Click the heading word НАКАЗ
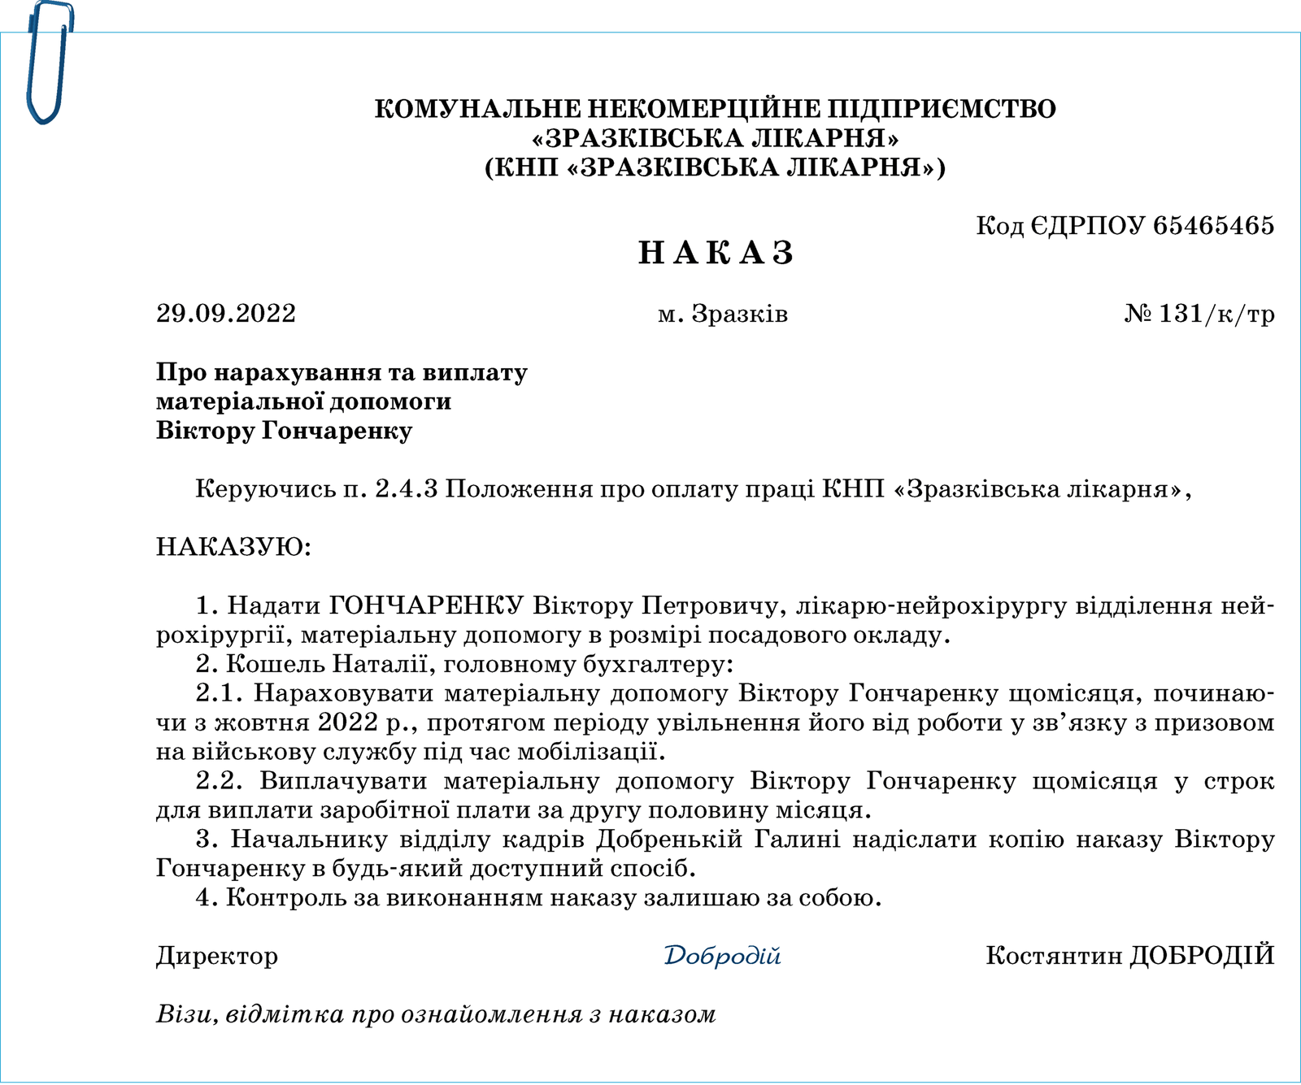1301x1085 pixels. click(716, 254)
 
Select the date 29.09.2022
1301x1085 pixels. click(226, 314)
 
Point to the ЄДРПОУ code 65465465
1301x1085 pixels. click(1213, 225)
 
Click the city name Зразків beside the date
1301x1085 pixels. click(739, 314)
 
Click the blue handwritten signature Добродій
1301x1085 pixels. click(722, 955)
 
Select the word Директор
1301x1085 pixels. click(217, 956)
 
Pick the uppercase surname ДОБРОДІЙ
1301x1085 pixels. click(1203, 955)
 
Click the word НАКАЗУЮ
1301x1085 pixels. click(233, 546)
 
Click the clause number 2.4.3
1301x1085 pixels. click(407, 488)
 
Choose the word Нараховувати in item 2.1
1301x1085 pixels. click(349, 693)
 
